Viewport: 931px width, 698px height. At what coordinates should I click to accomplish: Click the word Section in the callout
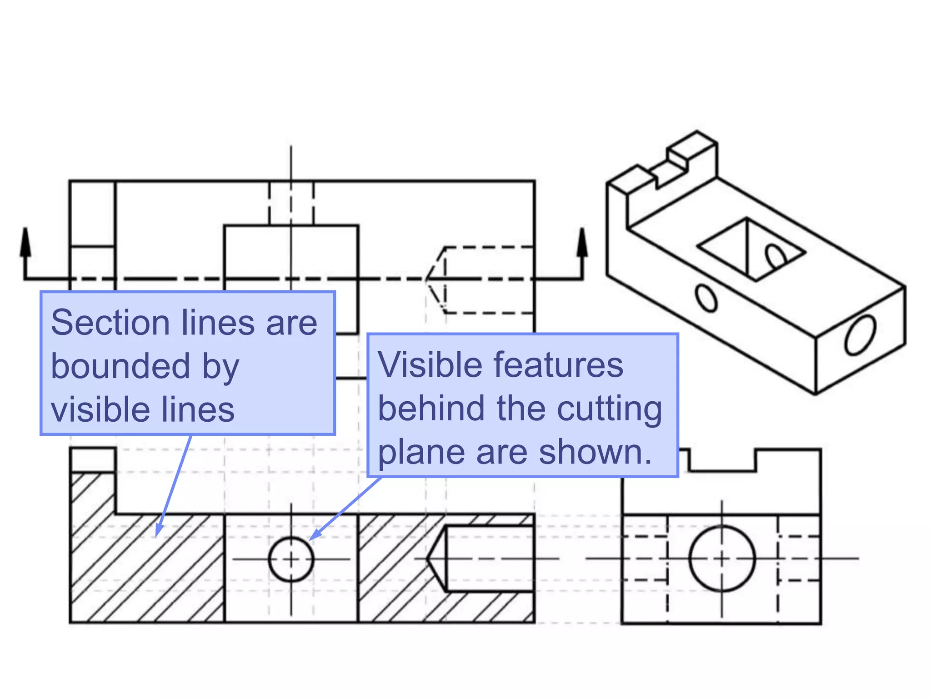point(110,323)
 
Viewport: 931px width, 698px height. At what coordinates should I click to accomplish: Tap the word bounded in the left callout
point(120,366)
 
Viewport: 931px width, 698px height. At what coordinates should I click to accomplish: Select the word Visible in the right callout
point(430,365)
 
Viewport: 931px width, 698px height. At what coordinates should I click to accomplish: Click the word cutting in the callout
point(609,409)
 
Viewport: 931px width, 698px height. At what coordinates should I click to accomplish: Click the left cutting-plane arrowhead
point(26,241)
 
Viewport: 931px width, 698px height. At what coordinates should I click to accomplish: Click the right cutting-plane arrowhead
point(582,241)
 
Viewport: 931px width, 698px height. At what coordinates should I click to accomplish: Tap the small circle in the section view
point(291,559)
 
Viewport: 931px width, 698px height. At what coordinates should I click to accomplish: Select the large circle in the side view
point(722,558)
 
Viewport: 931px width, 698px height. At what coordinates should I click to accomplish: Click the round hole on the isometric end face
point(860,336)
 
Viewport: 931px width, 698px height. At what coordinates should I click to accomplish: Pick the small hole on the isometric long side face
point(706,299)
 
